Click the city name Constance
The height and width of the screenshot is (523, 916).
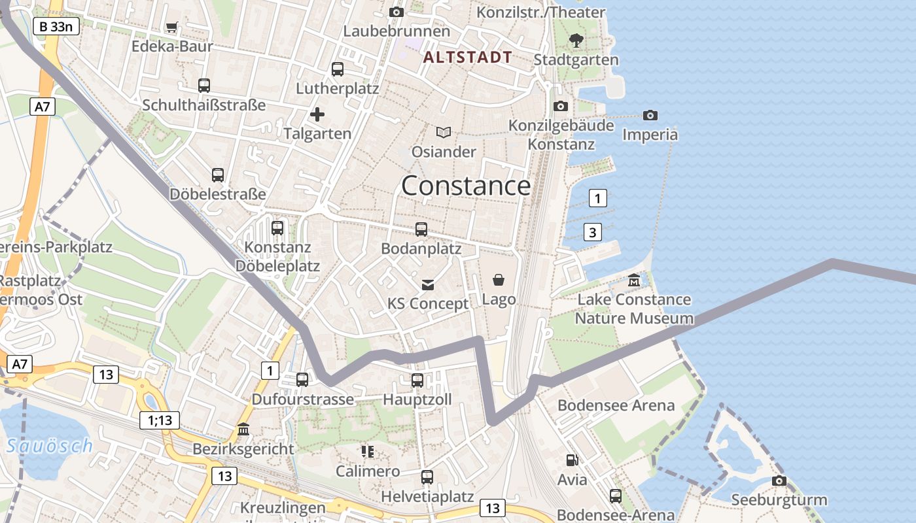[x=466, y=186]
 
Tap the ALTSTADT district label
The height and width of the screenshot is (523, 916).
[x=467, y=57]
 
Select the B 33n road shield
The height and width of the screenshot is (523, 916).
[x=56, y=27]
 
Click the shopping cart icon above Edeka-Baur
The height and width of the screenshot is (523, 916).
[x=172, y=27]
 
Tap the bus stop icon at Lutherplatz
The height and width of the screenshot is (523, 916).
[x=338, y=69]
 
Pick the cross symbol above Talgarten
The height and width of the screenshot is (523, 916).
[x=317, y=115]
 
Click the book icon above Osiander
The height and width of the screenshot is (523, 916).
[x=444, y=132]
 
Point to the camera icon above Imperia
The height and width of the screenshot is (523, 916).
[x=650, y=115]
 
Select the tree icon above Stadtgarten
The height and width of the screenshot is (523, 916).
[x=576, y=41]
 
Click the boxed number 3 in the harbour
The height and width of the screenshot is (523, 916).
[x=592, y=232]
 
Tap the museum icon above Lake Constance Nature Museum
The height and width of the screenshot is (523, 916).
[x=634, y=280]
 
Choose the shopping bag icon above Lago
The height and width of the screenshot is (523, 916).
[x=499, y=280]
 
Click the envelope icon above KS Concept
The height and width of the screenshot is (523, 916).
[x=428, y=284]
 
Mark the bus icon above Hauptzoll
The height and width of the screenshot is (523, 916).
[x=417, y=380]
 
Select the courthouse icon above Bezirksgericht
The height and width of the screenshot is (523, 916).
[x=243, y=430]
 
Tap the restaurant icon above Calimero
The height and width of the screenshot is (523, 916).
[x=367, y=451]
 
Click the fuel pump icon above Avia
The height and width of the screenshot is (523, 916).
[x=572, y=460]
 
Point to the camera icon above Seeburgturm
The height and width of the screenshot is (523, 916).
[x=779, y=481]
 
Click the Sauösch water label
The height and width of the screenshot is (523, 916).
[x=49, y=447]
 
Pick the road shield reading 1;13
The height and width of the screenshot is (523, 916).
[x=160, y=420]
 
